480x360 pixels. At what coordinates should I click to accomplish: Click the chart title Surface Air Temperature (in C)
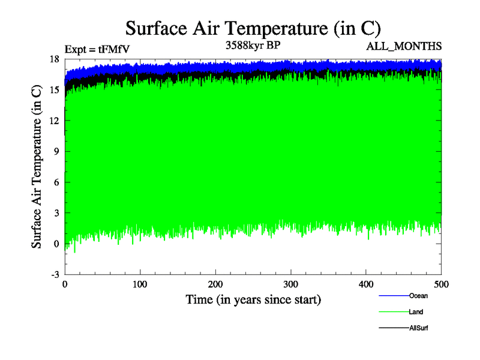tap(253, 28)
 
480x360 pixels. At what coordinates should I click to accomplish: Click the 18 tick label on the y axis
tap(54, 59)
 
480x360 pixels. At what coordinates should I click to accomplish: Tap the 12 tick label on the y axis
tap(54, 121)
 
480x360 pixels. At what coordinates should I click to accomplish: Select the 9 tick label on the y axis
tap(56, 151)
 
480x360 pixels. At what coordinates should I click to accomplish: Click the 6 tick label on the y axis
tap(56, 182)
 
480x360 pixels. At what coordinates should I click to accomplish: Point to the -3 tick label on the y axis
tap(55, 274)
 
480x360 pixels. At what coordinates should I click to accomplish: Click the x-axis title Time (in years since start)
tap(253, 299)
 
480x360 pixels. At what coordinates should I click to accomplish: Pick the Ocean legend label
tap(418, 296)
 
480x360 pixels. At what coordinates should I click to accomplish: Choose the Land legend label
tap(416, 312)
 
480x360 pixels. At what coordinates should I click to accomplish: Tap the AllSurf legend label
tap(419, 328)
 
